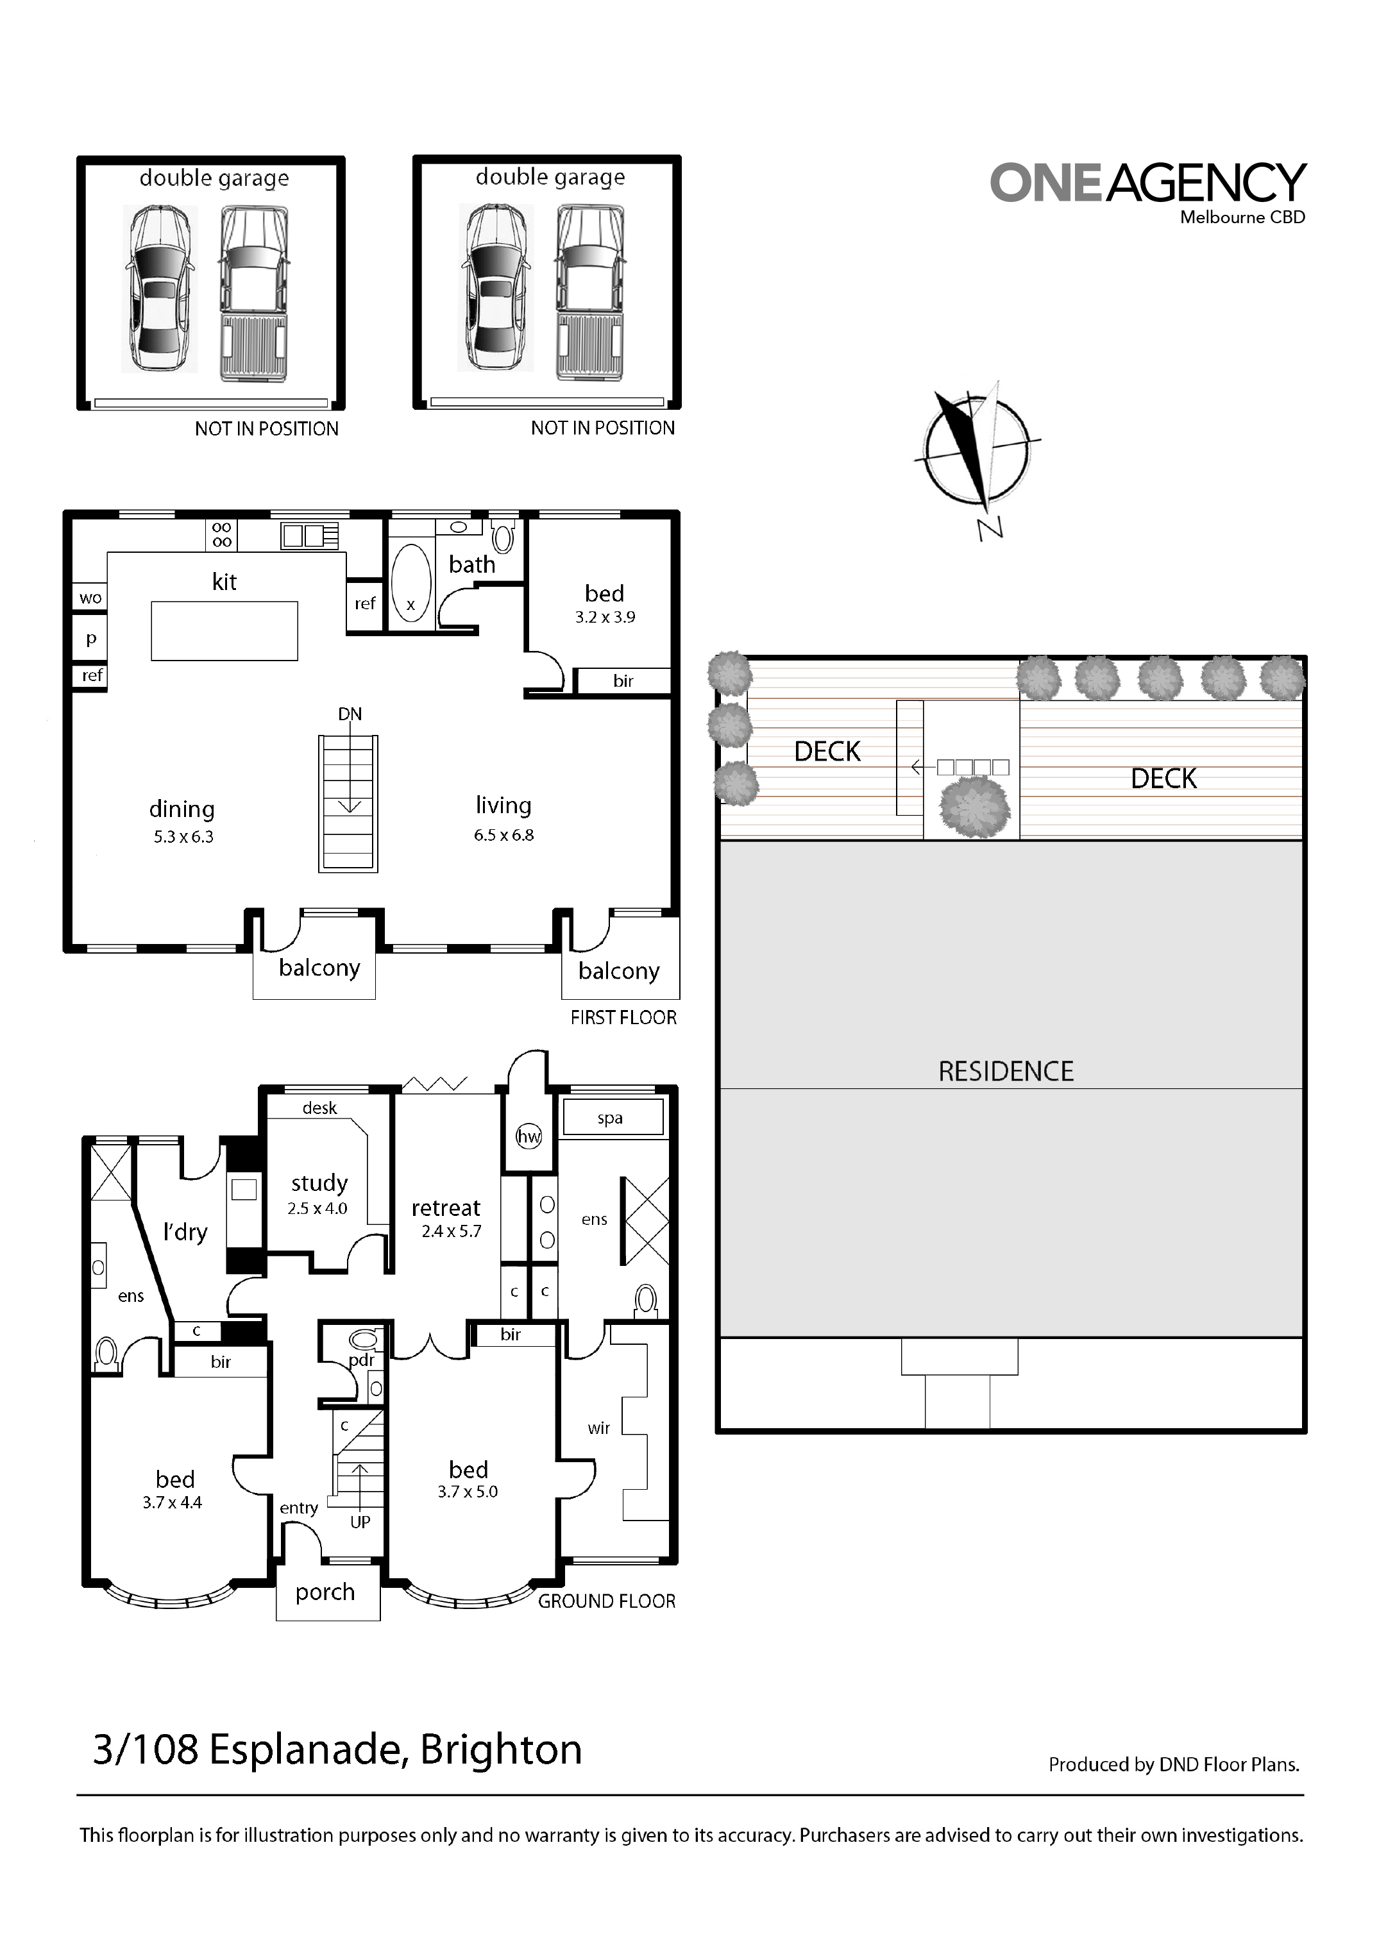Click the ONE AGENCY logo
[1148, 193]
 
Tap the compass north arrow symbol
[978, 454]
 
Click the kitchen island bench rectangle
[224, 631]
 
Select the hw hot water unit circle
[528, 1137]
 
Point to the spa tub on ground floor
[611, 1117]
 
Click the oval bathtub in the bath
[412, 584]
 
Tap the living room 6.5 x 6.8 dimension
[503, 836]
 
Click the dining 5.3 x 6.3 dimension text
[183, 837]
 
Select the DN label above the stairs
[350, 714]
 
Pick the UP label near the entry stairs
[360, 1522]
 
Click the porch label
[325, 1593]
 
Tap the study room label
[319, 1183]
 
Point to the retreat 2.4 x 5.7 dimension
[452, 1231]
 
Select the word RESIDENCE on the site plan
[1006, 1072]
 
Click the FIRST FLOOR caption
[623, 1017]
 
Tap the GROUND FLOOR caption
[606, 1601]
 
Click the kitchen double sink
[310, 535]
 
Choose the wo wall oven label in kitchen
[91, 598]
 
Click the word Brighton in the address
[501, 1750]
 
